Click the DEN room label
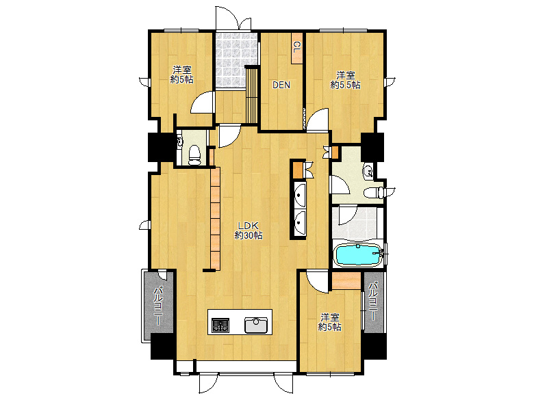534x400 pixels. [x=281, y=85]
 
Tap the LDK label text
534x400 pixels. [x=249, y=226]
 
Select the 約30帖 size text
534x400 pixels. [x=249, y=235]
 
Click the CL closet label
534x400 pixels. [x=297, y=47]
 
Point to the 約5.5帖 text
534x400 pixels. [x=345, y=85]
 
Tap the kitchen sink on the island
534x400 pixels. [x=257, y=325]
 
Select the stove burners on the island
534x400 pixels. [x=220, y=325]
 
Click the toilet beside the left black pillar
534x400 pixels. [x=195, y=155]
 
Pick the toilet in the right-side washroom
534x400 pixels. [x=374, y=194]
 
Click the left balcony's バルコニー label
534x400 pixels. [x=159, y=306]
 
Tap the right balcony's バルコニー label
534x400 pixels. [x=374, y=301]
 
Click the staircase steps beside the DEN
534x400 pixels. [x=252, y=95]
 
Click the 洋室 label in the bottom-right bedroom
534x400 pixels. [x=330, y=317]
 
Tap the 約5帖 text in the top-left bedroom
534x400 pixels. [x=182, y=79]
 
